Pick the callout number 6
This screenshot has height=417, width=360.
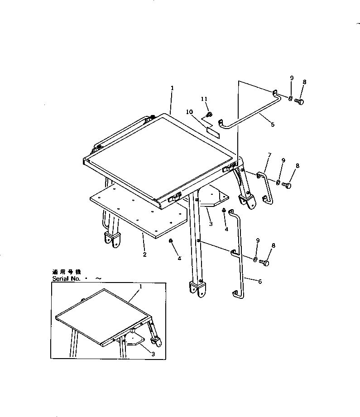tap(259, 281)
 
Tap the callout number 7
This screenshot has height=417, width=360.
tap(269, 155)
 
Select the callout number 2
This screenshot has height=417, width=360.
tap(144, 254)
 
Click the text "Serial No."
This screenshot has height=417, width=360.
tap(66, 279)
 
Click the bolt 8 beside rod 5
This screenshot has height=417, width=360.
tap(299, 101)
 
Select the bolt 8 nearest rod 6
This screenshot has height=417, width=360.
tap(266, 262)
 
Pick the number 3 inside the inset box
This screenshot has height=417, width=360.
tap(153, 354)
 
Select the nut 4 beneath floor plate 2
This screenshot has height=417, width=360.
tap(171, 241)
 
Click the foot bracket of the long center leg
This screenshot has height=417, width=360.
tap(198, 290)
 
